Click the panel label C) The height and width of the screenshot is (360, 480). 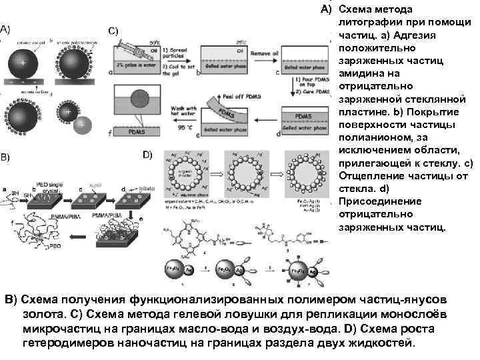[x=113, y=31]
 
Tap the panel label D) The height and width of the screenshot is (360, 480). [x=148, y=155]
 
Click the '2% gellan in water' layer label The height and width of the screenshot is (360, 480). [x=138, y=63]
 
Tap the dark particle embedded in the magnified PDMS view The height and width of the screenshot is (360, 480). [x=138, y=97]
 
